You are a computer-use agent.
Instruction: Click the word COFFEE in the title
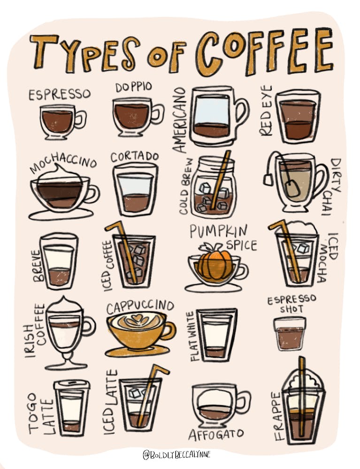tap(265, 52)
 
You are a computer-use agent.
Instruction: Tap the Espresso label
tap(59, 94)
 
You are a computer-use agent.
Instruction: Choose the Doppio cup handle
tap(158, 113)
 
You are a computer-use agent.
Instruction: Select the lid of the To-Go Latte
tap(72, 385)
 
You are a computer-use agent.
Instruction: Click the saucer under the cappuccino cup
tap(137, 351)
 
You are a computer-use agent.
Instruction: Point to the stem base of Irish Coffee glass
tap(66, 366)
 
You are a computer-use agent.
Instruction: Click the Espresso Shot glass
tap(290, 333)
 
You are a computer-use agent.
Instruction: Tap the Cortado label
tap(134, 157)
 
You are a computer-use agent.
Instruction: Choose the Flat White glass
tap(216, 334)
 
